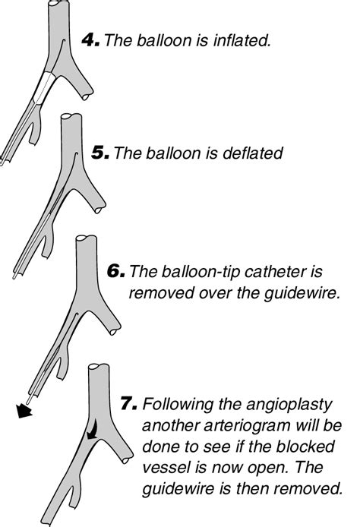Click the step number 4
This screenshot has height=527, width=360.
click(90, 41)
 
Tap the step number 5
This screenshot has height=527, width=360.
click(99, 153)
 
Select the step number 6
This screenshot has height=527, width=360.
click(116, 271)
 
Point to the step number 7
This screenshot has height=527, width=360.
click(129, 403)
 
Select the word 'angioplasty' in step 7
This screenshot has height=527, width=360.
click(289, 405)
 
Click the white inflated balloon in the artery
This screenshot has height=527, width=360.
click(44, 88)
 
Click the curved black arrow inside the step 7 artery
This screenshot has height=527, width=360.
click(93, 428)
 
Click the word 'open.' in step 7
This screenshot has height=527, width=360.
click(268, 469)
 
